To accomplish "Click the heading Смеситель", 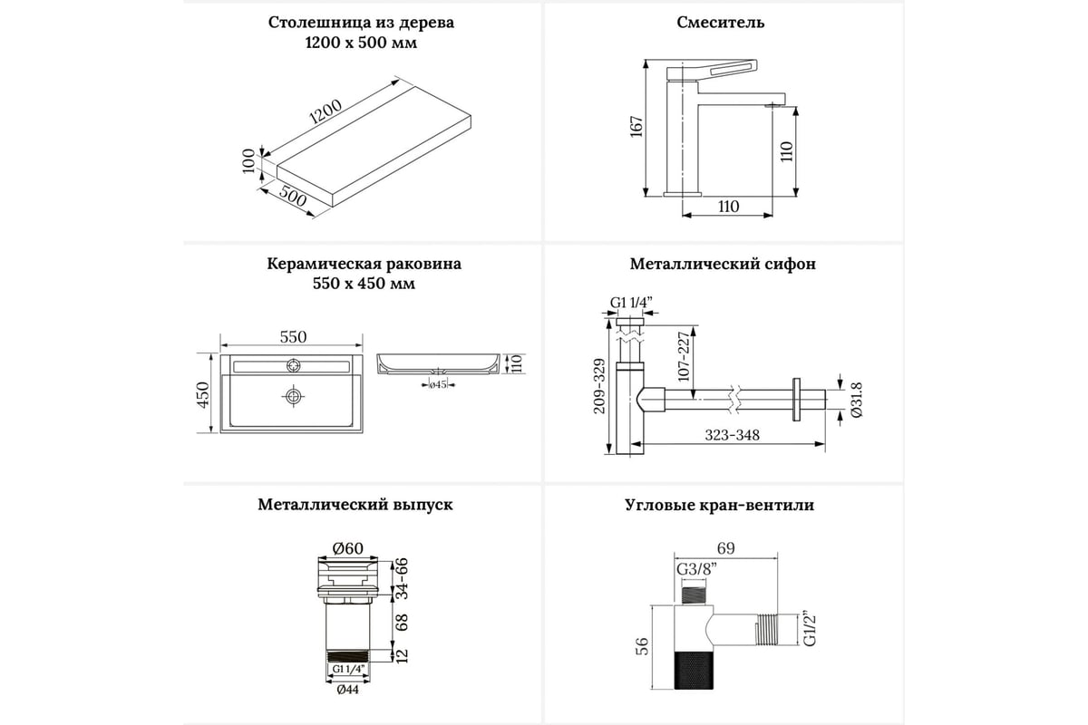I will click(x=721, y=23).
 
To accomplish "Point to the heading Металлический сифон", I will click(x=723, y=265).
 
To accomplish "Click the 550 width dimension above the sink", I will click(x=292, y=337).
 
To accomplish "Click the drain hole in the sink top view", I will click(x=292, y=396).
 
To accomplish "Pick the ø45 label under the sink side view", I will click(x=438, y=384).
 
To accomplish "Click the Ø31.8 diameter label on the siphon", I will click(x=855, y=400).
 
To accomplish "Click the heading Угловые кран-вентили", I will click(x=719, y=506).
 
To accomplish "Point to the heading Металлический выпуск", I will click(x=355, y=504).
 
